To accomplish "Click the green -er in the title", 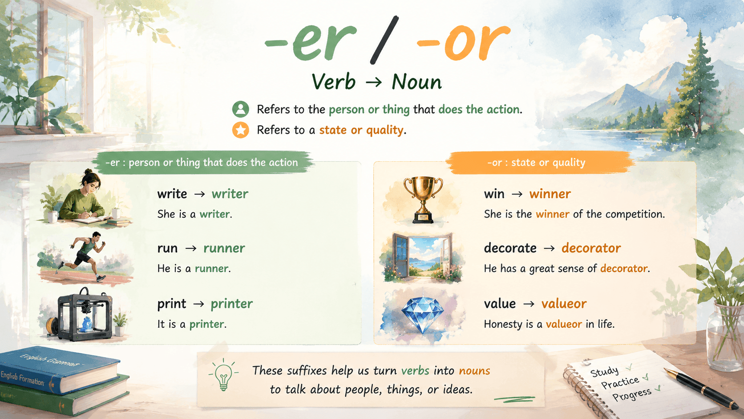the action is click(x=311, y=41).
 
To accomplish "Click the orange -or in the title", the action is click(x=463, y=41).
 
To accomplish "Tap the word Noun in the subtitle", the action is click(x=416, y=82).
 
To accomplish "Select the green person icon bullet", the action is click(x=240, y=110).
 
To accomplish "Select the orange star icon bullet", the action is click(x=240, y=130).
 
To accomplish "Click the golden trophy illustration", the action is click(x=423, y=199).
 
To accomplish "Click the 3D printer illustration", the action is click(x=85, y=314).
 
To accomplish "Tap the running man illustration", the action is click(x=83, y=256).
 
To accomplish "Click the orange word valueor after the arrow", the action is click(x=564, y=304).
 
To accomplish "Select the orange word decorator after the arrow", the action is click(x=591, y=248).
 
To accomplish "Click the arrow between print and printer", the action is click(x=198, y=304).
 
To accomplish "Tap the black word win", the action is click(x=494, y=194).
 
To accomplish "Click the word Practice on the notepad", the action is click(x=620, y=382).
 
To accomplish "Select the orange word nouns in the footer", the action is click(x=474, y=370).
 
